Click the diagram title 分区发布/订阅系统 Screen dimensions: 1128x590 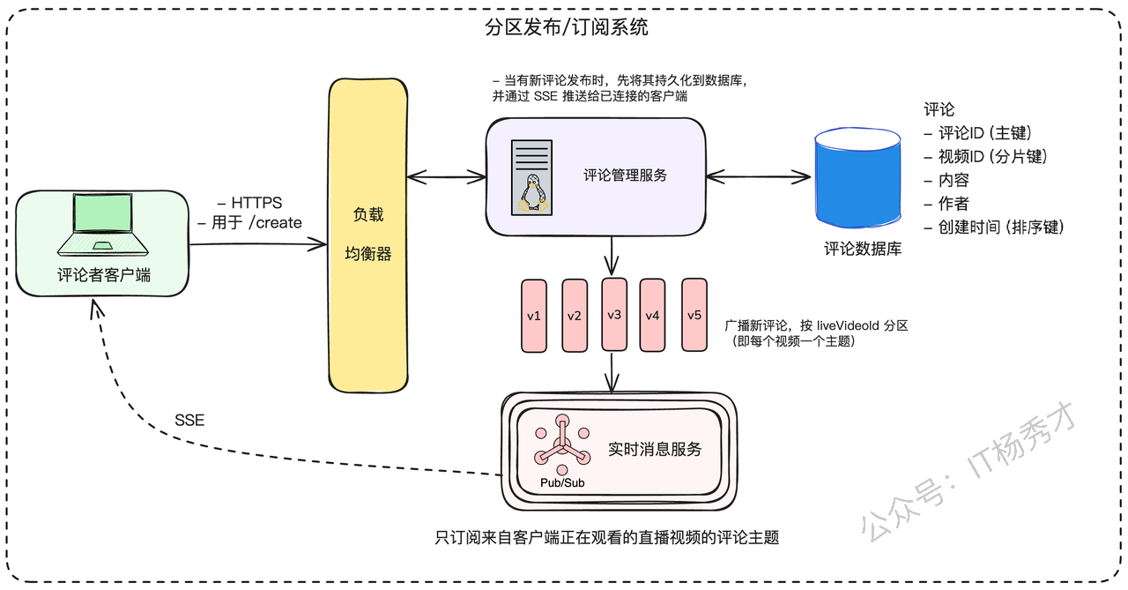coord(566,27)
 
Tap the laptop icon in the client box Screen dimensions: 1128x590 coord(103,225)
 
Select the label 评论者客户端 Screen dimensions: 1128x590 coord(104,275)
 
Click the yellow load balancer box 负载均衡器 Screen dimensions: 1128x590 coord(368,235)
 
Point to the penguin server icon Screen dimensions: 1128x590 coord(531,178)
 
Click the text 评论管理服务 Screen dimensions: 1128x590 coord(625,176)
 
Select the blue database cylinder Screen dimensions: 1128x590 coord(858,177)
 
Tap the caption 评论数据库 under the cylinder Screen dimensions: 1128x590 coord(863,249)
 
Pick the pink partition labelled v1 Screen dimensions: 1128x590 coord(534,316)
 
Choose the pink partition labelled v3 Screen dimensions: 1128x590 coord(614,314)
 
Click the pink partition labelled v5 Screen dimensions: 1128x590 coord(694,315)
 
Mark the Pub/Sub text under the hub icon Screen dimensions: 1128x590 coord(562,482)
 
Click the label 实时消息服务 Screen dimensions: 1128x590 coord(655,450)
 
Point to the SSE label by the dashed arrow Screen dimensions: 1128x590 coord(189,420)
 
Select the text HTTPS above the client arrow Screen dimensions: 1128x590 coord(256,203)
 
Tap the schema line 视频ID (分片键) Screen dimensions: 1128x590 coord(986,157)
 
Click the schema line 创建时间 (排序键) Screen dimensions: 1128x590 coord(994,228)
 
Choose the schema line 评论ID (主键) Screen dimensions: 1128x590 coord(978,133)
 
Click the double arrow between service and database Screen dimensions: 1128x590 coord(759,177)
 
